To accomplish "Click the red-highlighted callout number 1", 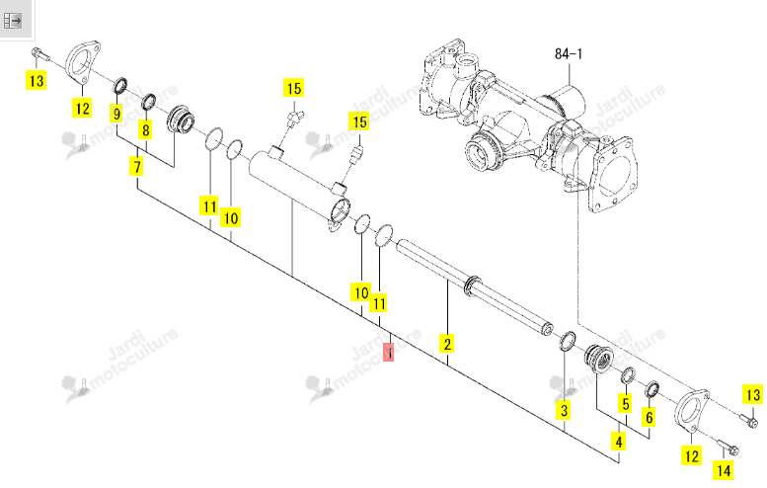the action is coord(389,352).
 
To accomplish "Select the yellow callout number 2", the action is coord(447,343).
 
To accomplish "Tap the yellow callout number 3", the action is coord(564,410).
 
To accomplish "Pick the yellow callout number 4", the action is coord(619,442).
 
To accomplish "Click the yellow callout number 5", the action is coord(625,404).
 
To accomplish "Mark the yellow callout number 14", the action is coord(723,470).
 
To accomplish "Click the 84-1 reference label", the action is coord(569,53).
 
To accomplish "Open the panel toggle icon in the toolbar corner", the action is coord(12,21).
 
